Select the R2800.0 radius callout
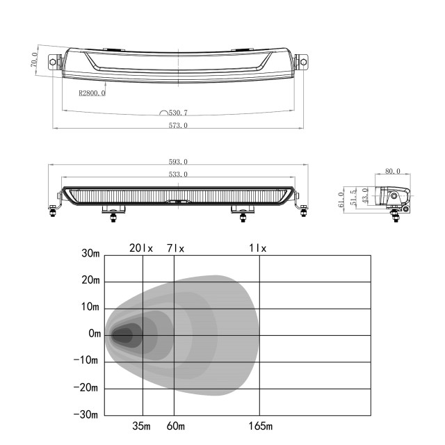click(x=91, y=92)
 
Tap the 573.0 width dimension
click(x=178, y=125)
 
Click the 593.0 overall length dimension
click(x=178, y=162)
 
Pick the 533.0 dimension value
click(x=178, y=175)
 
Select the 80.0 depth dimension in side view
click(x=393, y=170)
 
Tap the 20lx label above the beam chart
click(x=141, y=248)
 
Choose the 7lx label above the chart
click(x=175, y=248)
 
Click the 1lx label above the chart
click(x=258, y=248)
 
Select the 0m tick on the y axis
click(x=95, y=334)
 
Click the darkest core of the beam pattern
click(x=122, y=336)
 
